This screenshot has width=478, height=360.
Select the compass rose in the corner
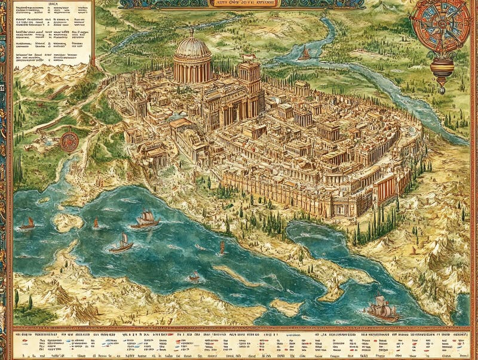click(x=443, y=27)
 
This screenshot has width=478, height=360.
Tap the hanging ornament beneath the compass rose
click(x=442, y=72)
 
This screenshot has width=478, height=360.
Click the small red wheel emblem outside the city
click(x=69, y=141)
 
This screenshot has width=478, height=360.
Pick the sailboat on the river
click(x=305, y=54)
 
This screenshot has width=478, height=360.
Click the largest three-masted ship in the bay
click(x=146, y=219)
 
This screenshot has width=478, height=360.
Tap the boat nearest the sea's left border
click(x=27, y=223)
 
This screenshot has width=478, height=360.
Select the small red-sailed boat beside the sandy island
click(x=96, y=223)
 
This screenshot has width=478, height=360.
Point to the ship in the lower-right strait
click(x=382, y=307)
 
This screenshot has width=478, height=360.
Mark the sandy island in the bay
click(x=67, y=222)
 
